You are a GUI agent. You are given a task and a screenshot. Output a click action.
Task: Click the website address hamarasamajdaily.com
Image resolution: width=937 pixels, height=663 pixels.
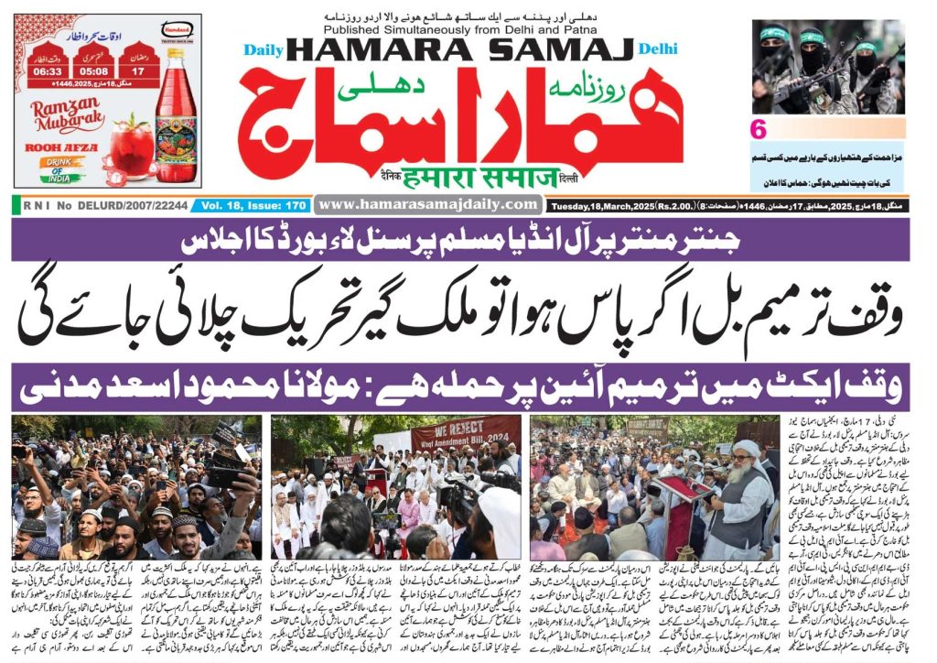[429, 204]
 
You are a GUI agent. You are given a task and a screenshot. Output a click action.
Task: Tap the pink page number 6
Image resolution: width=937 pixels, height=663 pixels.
[759, 128]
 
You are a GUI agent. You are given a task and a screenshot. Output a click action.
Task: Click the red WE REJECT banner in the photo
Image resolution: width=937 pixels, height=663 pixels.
[463, 435]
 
